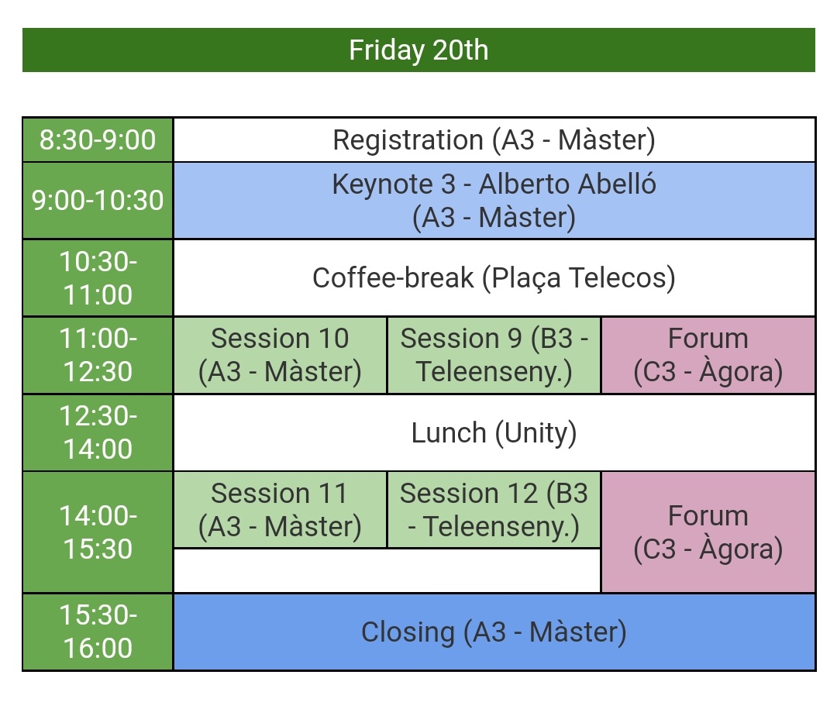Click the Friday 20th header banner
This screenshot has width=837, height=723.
[418, 50]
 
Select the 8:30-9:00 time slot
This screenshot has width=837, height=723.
[98, 140]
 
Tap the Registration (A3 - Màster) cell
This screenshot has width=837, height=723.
[494, 140]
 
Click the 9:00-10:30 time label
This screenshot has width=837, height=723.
[98, 201]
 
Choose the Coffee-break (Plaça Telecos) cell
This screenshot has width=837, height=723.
[494, 277]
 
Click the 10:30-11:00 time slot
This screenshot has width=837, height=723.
[98, 278]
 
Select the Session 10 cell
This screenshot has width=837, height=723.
[280, 355]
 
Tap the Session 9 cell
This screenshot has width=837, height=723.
[494, 355]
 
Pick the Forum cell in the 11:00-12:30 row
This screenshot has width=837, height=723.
[708, 355]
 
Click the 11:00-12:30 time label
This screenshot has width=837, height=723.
[98, 355]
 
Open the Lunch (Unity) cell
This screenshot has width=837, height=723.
[494, 432]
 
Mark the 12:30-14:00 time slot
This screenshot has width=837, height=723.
[98, 432]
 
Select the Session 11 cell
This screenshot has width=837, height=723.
[280, 509]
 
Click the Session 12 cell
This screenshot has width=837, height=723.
[494, 509]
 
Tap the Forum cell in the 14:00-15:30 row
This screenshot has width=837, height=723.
[708, 532]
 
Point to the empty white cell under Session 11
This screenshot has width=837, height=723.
[386, 570]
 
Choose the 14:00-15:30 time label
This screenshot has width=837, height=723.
[98, 532]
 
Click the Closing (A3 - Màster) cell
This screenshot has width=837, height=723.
[494, 632]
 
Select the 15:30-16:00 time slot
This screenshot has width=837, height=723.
[98, 632]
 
